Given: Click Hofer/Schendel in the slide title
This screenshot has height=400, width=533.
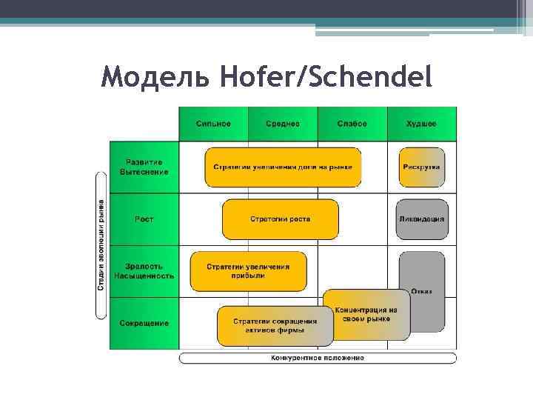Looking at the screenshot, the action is pyautogui.click(x=325, y=77).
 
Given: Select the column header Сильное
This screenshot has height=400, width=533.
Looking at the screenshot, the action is pyautogui.click(x=213, y=124).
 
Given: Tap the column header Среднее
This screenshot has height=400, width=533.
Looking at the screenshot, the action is pyautogui.click(x=283, y=124).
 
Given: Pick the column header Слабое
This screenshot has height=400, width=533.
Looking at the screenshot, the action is pyautogui.click(x=352, y=124).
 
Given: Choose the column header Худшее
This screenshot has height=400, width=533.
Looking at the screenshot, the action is pyautogui.click(x=421, y=124).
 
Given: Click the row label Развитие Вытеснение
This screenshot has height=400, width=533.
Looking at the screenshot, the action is pyautogui.click(x=144, y=167).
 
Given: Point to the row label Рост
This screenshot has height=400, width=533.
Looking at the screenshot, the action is pyautogui.click(x=144, y=219).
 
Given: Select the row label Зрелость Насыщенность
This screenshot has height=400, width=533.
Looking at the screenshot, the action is pyautogui.click(x=144, y=271).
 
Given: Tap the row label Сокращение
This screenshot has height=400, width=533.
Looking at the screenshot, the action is pyautogui.click(x=144, y=323).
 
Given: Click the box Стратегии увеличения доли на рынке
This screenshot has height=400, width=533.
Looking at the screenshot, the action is pyautogui.click(x=283, y=167).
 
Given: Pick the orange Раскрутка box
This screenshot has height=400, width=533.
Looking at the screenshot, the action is pyautogui.click(x=421, y=167).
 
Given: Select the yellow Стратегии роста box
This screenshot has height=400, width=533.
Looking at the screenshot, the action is pyautogui.click(x=280, y=219).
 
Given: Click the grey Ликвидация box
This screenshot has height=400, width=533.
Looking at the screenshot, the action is pyautogui.click(x=421, y=219).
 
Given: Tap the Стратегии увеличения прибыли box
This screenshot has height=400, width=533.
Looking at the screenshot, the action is pyautogui.click(x=247, y=270).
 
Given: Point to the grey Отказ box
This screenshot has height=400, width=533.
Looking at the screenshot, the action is pyautogui.click(x=421, y=291).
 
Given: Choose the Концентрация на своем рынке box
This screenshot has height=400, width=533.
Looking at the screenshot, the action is pyautogui.click(x=366, y=314).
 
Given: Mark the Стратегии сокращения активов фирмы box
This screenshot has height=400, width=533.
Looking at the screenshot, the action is pyautogui.click(x=275, y=326).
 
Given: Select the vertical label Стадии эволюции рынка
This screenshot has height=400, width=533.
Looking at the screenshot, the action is pyautogui.click(x=101, y=244).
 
